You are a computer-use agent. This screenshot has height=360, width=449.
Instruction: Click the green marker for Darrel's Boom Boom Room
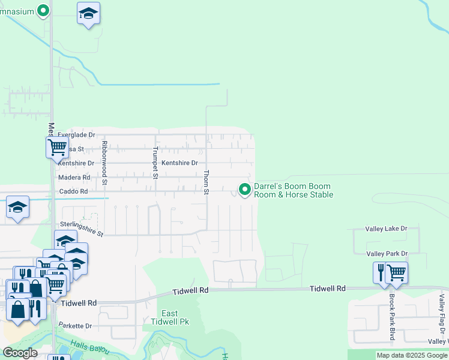click(x=245, y=190)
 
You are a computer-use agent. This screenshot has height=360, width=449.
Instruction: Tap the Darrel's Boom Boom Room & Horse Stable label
click(x=293, y=190)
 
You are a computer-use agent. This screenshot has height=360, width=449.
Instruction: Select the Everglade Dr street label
click(x=77, y=136)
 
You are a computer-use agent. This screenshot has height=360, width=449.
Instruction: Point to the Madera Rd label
click(x=74, y=178)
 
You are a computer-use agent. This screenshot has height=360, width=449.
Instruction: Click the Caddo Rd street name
click(x=73, y=191)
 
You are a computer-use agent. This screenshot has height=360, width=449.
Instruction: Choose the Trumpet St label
click(x=155, y=163)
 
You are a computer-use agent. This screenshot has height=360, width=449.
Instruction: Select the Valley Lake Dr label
click(x=387, y=229)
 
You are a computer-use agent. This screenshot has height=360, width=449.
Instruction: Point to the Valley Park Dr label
click(x=387, y=254)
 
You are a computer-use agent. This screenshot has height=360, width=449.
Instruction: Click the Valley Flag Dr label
click(x=442, y=314)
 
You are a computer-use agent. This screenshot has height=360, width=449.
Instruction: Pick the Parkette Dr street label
click(x=75, y=326)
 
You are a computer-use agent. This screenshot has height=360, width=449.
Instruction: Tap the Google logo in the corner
click(x=20, y=353)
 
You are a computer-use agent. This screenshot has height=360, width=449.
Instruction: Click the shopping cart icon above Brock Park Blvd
click(x=396, y=272)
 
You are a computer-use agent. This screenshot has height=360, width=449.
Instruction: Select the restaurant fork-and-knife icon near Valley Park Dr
click(x=380, y=272)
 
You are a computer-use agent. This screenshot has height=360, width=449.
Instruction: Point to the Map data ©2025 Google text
click(x=412, y=355)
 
